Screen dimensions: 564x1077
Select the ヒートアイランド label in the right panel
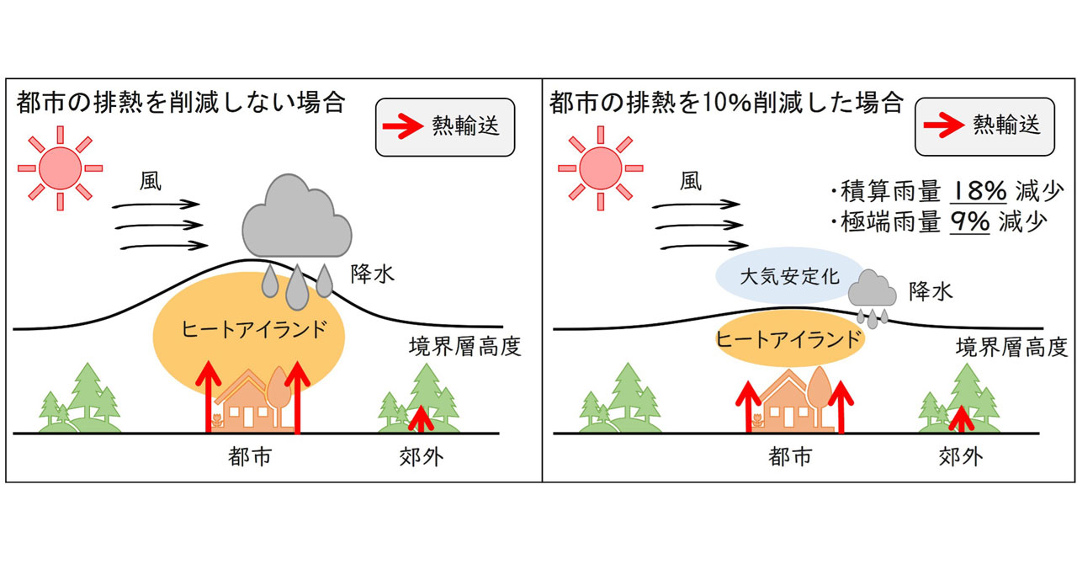pos(788,340)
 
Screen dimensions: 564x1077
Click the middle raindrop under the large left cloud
pos(296,289)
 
